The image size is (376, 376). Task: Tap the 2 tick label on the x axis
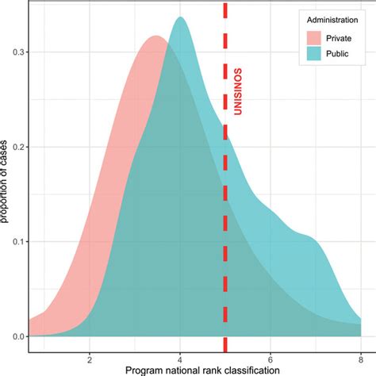90,356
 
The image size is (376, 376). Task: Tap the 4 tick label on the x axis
180,356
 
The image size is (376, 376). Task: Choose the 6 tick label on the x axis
270,356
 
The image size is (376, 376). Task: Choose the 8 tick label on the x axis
361,356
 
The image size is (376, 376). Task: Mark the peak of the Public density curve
181,18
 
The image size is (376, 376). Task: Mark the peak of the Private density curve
155,37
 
